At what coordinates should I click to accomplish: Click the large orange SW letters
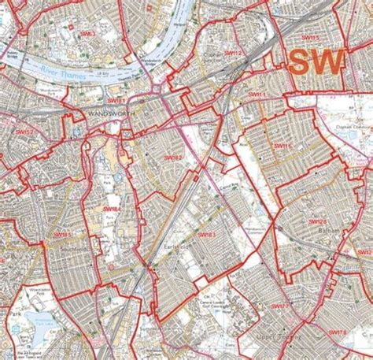(x=319, y=62)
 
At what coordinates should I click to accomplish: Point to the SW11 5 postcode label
(x=311, y=37)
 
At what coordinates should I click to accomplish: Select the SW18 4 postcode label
(x=112, y=209)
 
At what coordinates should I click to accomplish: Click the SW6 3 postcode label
(x=87, y=33)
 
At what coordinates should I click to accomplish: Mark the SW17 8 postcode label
(x=338, y=334)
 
